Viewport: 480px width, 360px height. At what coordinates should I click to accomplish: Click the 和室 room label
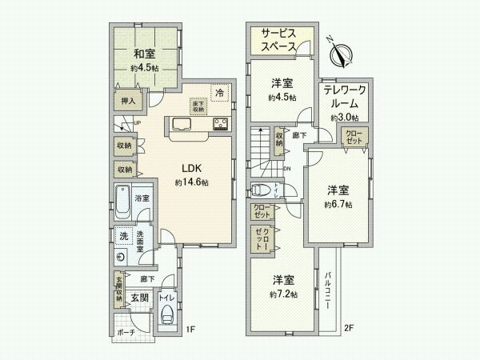click(x=143, y=54)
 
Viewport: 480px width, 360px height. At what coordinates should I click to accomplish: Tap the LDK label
click(x=190, y=169)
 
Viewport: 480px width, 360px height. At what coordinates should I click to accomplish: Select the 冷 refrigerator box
click(x=219, y=92)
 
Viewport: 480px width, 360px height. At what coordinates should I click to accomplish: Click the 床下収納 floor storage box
click(x=197, y=106)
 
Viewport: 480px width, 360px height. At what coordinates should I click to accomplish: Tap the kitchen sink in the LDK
click(x=179, y=124)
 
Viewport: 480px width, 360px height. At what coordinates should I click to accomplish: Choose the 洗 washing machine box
click(x=123, y=236)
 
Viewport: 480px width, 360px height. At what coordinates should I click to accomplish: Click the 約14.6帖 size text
click(x=192, y=183)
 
